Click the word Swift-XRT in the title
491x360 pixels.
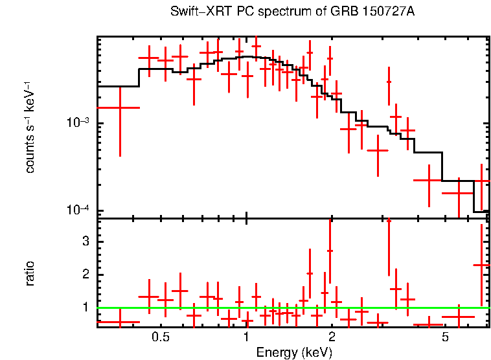coord(198,12)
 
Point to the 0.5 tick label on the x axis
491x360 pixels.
coord(161,337)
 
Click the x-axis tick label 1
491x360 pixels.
coord(246,337)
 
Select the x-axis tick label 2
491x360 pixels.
coord(332,337)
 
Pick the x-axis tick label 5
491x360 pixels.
coord(445,337)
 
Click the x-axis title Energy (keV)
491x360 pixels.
coord(294,353)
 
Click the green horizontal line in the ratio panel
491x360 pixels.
coord(291,308)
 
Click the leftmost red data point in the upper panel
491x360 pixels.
coord(120,107)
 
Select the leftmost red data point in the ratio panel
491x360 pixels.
coord(120,322)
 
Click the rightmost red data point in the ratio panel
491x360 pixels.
coord(481,265)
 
